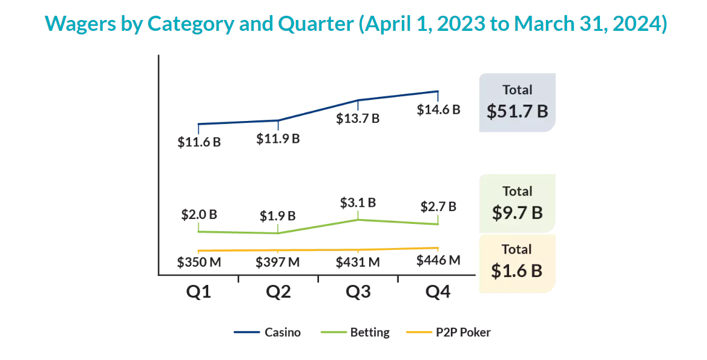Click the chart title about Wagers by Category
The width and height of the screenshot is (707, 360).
coord(356,24)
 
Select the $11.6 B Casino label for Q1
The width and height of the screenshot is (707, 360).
coord(199,143)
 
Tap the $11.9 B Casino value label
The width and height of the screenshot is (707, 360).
coord(278,139)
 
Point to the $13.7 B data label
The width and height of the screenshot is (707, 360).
coord(358,119)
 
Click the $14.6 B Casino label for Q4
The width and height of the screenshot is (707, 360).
coord(438,110)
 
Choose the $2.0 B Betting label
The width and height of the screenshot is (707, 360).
coord(199,215)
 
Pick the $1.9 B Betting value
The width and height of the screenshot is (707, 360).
coord(278,216)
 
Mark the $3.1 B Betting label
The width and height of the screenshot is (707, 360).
coord(358,203)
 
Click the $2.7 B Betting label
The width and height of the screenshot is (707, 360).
coord(438,207)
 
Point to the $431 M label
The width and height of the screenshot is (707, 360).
coord(358,263)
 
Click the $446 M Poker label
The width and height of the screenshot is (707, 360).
coord(438,260)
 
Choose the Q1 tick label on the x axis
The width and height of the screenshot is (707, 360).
coord(199,292)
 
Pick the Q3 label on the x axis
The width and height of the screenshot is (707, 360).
coord(358,292)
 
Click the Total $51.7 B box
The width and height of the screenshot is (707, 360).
coord(517,102)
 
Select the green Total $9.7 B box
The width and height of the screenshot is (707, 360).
coord(517,203)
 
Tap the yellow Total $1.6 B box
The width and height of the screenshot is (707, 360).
coord(517,263)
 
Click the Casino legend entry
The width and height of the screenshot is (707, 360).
coord(268,332)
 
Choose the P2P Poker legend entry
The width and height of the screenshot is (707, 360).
coord(448,332)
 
